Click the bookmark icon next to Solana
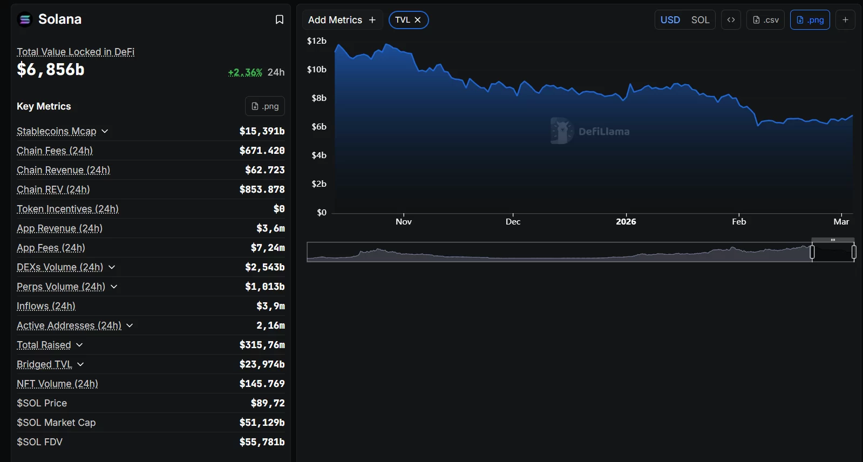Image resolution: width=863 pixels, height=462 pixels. [279, 19]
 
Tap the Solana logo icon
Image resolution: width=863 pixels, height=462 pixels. [25, 19]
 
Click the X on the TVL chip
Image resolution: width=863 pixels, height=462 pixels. [418, 20]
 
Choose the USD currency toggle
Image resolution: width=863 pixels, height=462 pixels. [670, 20]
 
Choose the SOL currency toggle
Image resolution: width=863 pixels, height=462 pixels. [700, 20]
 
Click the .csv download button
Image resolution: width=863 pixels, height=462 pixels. [765, 20]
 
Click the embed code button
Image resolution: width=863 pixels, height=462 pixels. [731, 20]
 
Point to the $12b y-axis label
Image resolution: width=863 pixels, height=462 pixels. [317, 41]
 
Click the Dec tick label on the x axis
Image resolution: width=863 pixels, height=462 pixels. [513, 222]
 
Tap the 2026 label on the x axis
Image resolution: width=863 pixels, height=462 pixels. [626, 222]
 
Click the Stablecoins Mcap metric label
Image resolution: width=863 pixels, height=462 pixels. [57, 131]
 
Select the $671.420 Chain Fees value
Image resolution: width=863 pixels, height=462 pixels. [262, 151]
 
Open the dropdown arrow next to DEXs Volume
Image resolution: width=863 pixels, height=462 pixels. [112, 267]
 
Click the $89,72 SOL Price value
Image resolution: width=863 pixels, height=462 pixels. [268, 403]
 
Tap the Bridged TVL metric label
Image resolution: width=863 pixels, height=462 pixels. [44, 364]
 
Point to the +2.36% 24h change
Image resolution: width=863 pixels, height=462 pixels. [245, 72]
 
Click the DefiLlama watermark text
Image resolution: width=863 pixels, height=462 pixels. [603, 132]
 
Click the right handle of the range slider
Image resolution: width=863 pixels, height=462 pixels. [854, 252]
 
